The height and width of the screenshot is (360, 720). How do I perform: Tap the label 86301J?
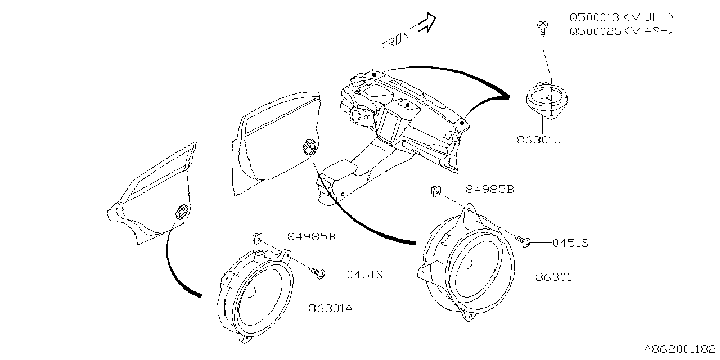pos(538,139)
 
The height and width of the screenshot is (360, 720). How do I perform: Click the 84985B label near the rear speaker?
pos(311,237)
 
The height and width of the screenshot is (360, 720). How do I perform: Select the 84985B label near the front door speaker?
pos(489,190)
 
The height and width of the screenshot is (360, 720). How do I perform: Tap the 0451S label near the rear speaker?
pos(364,274)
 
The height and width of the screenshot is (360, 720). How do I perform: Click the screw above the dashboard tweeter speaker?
pos(543,27)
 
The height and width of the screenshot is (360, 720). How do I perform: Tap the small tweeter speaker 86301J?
pos(545,101)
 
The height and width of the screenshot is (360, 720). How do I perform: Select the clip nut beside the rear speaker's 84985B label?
pos(257,237)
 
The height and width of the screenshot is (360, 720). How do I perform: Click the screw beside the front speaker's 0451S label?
pos(524,241)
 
